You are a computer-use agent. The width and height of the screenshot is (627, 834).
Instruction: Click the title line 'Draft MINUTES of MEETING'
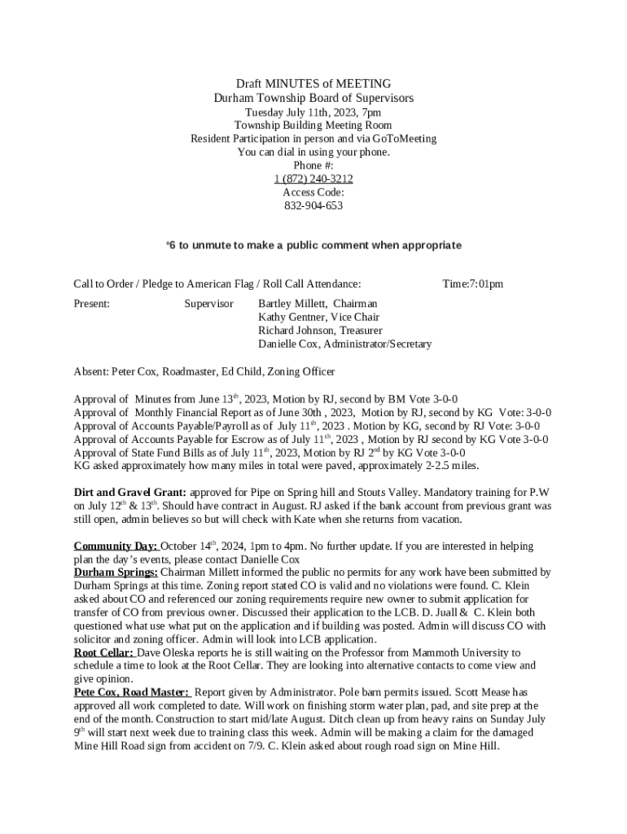[313, 84]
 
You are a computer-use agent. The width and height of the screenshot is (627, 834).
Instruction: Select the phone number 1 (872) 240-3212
[313, 178]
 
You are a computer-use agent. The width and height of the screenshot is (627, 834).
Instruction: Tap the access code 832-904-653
[313, 206]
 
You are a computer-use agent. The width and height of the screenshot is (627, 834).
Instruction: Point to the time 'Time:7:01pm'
[472, 284]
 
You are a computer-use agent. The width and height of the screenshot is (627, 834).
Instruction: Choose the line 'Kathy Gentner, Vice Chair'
[318, 317]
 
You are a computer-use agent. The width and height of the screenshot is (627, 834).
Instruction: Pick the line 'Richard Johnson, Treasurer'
[320, 331]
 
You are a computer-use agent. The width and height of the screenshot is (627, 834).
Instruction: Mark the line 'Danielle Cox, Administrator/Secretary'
[344, 345]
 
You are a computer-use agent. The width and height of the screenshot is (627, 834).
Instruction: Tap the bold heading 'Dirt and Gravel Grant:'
[130, 493]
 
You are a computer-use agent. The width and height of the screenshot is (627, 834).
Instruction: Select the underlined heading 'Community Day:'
[116, 546]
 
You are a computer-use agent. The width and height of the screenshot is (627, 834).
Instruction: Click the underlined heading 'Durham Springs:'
[116, 573]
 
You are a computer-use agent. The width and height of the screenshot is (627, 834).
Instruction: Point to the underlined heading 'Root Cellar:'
[104, 653]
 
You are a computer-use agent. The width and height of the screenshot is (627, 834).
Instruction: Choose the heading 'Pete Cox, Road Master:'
[131, 692]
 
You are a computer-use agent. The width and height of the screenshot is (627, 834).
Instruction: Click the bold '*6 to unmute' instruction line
[313, 245]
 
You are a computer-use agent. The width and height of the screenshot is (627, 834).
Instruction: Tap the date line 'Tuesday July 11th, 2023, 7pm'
[313, 112]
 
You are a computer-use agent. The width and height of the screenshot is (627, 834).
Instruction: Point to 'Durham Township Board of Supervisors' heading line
[313, 98]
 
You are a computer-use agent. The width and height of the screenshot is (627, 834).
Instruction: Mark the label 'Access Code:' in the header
[313, 192]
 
